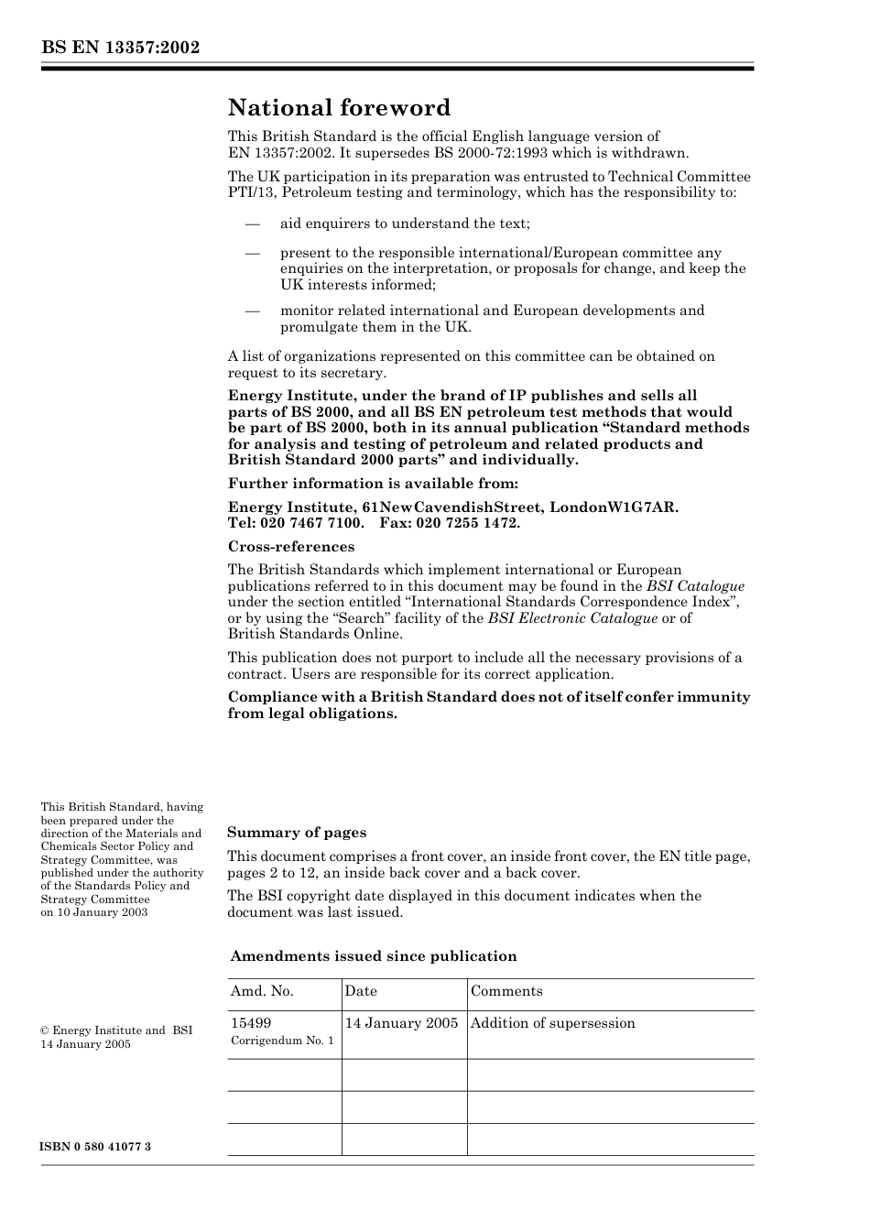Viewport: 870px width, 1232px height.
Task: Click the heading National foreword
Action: (339, 108)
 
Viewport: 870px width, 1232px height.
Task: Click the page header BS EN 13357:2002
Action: (120, 49)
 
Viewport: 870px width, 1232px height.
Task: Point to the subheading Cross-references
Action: (290, 547)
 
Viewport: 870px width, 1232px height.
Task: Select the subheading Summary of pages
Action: (296, 833)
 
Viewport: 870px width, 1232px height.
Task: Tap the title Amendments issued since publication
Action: (373, 956)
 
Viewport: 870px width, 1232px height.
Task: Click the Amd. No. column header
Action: (262, 991)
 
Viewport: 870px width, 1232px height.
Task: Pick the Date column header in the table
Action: (361, 991)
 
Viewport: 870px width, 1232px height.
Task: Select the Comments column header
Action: (506, 991)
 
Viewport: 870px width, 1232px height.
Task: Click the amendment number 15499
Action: (250, 1023)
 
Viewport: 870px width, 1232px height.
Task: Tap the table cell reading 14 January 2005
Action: (401, 1023)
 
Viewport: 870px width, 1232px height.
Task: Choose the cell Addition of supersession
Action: (552, 1023)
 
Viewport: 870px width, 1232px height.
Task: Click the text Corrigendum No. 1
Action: (282, 1041)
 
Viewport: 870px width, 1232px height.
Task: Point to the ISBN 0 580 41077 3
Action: (95, 1147)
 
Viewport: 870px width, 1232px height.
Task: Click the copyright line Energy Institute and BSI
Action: (116, 1030)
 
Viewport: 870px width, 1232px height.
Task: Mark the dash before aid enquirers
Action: (253, 224)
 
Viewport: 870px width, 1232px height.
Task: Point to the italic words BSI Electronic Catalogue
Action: (572, 618)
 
